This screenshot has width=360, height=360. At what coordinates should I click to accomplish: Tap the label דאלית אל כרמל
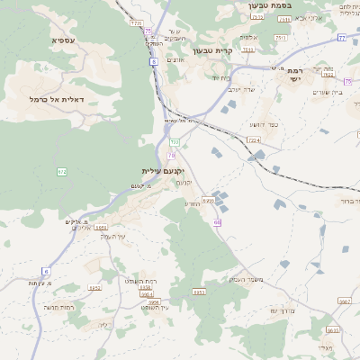pyautogui.click(x=56, y=99)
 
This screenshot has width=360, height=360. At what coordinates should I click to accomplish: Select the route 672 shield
pyautogui.click(x=62, y=171)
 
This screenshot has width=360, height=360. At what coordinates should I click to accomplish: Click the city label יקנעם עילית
pyautogui.click(x=163, y=171)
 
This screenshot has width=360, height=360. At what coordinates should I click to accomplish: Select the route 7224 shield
pyautogui.click(x=254, y=140)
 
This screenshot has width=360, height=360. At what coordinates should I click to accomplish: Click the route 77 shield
pyautogui.click(x=342, y=38)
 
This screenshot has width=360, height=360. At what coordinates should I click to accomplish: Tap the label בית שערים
pyautogui.click(x=328, y=91)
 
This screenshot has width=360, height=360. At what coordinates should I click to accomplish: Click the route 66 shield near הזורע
pyautogui.click(x=217, y=221)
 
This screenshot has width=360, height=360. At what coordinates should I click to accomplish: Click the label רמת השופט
pyautogui.click(x=141, y=281)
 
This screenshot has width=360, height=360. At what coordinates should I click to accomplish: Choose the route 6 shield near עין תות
pyautogui.click(x=46, y=270)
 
